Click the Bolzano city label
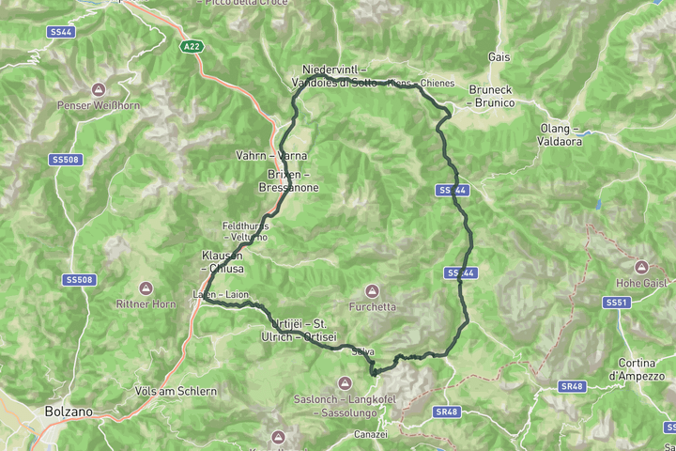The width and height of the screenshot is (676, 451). click(68, 412)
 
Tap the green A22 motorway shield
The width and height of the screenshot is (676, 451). click(191, 45)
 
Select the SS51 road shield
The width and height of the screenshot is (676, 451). click(616, 303)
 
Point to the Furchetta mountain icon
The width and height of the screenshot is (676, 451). click(372, 291)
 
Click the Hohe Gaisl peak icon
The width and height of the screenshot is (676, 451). click(641, 267)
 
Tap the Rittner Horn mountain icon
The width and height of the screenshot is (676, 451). click(146, 288)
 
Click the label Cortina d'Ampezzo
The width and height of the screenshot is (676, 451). click(643, 369)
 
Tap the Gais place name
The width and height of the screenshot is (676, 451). click(499, 57)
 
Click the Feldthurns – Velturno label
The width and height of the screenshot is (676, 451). click(245, 231)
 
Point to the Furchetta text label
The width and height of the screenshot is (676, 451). click(372, 306)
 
